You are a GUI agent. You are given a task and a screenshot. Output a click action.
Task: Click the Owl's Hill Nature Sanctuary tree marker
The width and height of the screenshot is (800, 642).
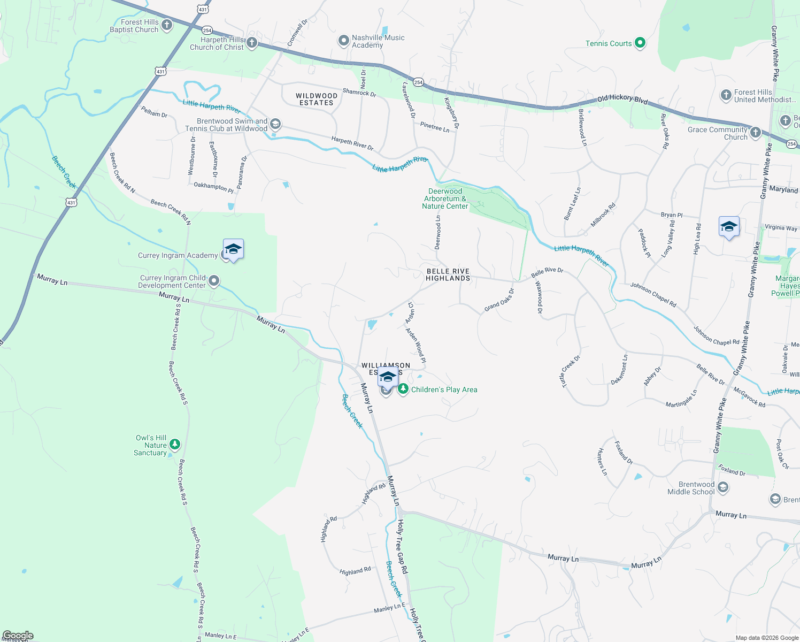tap(174, 445)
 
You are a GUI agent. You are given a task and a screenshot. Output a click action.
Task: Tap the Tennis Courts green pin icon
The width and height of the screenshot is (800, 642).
tap(640, 43)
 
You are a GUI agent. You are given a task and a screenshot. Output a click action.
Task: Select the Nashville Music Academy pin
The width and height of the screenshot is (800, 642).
tap(343, 41)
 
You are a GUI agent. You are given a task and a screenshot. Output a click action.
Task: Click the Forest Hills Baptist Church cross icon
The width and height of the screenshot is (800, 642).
tap(167, 25)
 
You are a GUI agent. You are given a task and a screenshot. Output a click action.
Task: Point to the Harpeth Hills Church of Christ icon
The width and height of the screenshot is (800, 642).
tap(252, 43)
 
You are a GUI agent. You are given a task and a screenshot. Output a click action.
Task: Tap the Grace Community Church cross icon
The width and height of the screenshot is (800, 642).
tap(755, 132)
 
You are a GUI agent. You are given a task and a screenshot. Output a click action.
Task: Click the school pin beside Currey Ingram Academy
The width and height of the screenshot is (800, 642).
tap(233, 250)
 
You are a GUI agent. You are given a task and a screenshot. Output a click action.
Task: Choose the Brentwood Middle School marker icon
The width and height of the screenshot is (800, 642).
tap(723, 487)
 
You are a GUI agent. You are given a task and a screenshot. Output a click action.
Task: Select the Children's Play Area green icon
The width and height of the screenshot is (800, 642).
tap(403, 389)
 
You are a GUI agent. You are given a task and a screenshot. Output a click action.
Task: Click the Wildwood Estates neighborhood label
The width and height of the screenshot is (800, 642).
tap(317, 99)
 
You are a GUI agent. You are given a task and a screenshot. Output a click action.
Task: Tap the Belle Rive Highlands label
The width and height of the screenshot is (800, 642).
tap(448, 274)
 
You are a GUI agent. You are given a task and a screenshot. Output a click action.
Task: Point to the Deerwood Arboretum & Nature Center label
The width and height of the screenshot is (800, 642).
tap(445, 198)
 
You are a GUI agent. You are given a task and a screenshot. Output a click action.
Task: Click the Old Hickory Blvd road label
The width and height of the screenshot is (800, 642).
tap(622, 99)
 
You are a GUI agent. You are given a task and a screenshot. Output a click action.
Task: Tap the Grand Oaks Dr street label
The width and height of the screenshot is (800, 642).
tap(499, 300)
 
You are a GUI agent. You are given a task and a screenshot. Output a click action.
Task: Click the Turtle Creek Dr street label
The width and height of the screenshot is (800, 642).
tap(570, 371)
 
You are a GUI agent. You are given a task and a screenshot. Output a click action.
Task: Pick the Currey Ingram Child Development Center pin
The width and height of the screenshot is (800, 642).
tap(214, 281)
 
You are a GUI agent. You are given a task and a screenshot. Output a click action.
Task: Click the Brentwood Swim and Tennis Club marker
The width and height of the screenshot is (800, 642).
tap(275, 125)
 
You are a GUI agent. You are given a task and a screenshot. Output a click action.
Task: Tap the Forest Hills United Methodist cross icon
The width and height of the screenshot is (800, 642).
tap(726, 95)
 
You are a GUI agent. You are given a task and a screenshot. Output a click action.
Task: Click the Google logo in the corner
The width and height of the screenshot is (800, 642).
tap(18, 636)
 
